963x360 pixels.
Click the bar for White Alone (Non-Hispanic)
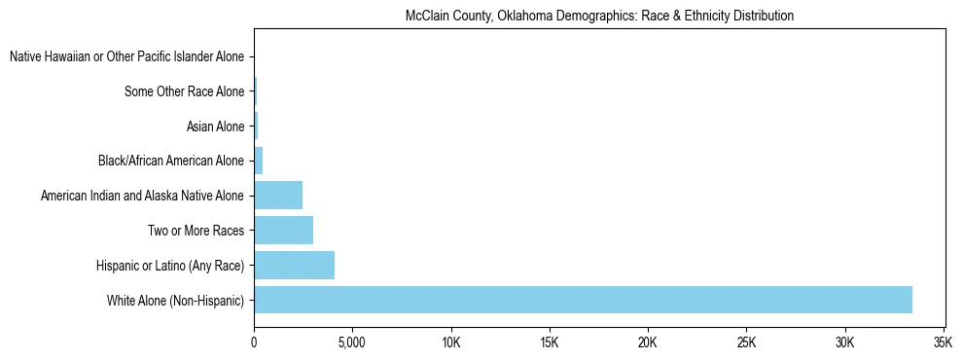pos(583,300)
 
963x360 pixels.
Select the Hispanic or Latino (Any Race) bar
pos(294,266)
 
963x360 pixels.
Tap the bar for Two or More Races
pos(283,231)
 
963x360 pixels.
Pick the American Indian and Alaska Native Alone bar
pos(278,196)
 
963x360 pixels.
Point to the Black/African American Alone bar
pos(258,161)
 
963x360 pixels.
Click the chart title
pos(599,17)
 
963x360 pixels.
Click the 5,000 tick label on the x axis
pos(352,342)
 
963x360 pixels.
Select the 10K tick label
pos(450,342)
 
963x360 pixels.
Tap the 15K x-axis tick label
pos(549,342)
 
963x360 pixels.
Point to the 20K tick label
pos(648,342)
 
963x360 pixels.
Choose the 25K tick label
pos(746,342)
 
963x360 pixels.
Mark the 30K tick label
pos(844,342)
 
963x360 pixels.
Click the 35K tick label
pos(942,342)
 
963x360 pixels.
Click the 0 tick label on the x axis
pos(254,342)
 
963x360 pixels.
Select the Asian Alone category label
pos(215,126)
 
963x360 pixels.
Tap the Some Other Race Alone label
pos(185,91)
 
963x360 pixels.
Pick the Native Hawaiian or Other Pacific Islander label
pos(126,56)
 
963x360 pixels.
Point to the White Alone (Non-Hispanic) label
pos(175,301)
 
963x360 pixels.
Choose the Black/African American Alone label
pos(171,161)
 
